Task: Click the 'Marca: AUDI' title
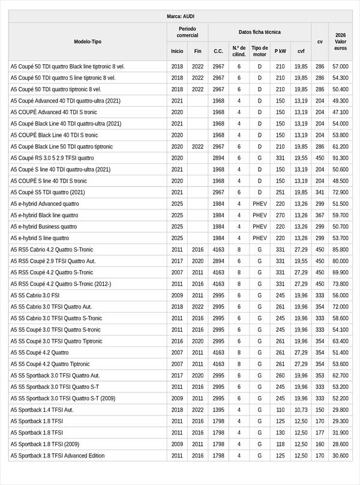(180, 16)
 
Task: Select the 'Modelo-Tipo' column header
(88, 41)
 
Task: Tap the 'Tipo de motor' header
(260, 51)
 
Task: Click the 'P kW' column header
(280, 51)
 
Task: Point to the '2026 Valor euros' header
(340, 41)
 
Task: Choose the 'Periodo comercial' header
(187, 32)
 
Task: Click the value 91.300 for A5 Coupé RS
(340, 158)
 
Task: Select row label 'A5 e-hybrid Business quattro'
(44, 227)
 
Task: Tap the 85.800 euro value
(340, 250)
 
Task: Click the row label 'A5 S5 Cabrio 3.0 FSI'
(35, 295)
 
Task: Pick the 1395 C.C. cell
(218, 409)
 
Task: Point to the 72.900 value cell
(340, 192)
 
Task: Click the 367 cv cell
(320, 215)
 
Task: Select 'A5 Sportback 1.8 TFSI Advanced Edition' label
(58, 456)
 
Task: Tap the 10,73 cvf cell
(301, 409)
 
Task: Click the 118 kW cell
(280, 444)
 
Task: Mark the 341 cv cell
(320, 192)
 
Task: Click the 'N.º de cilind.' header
(239, 51)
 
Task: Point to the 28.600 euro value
(340, 444)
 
